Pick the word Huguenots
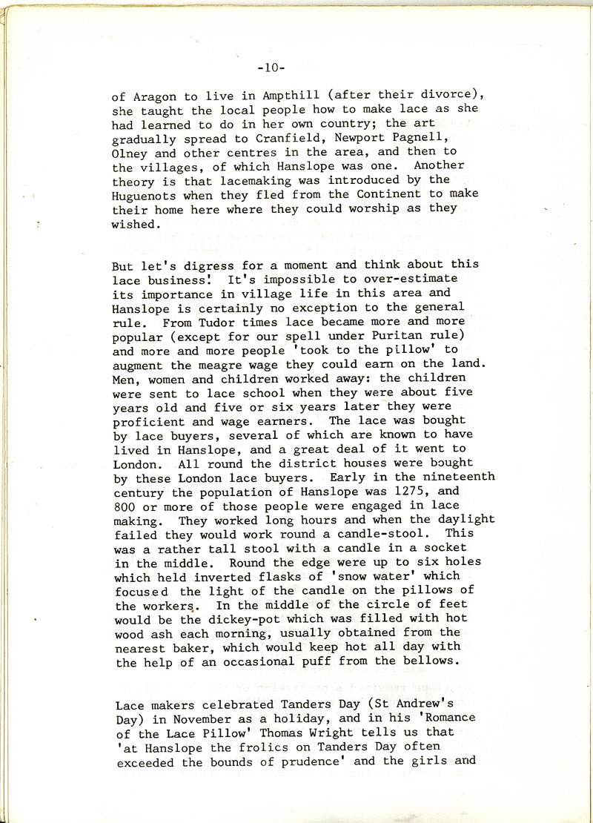(x=149, y=194)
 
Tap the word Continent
(x=365, y=194)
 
